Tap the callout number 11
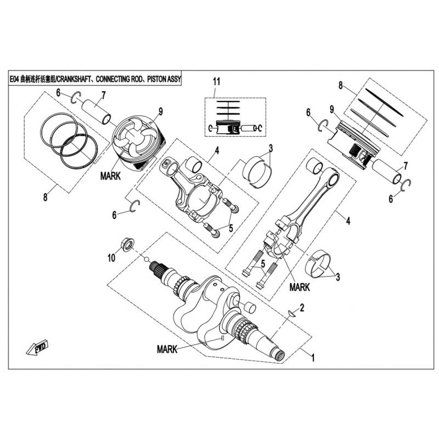pos(217,82)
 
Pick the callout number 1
pos(313,357)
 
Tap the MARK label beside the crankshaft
pos(167,349)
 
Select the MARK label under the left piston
pos(110,177)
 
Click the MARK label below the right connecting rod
pos(300,287)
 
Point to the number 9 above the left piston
pos(161,111)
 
